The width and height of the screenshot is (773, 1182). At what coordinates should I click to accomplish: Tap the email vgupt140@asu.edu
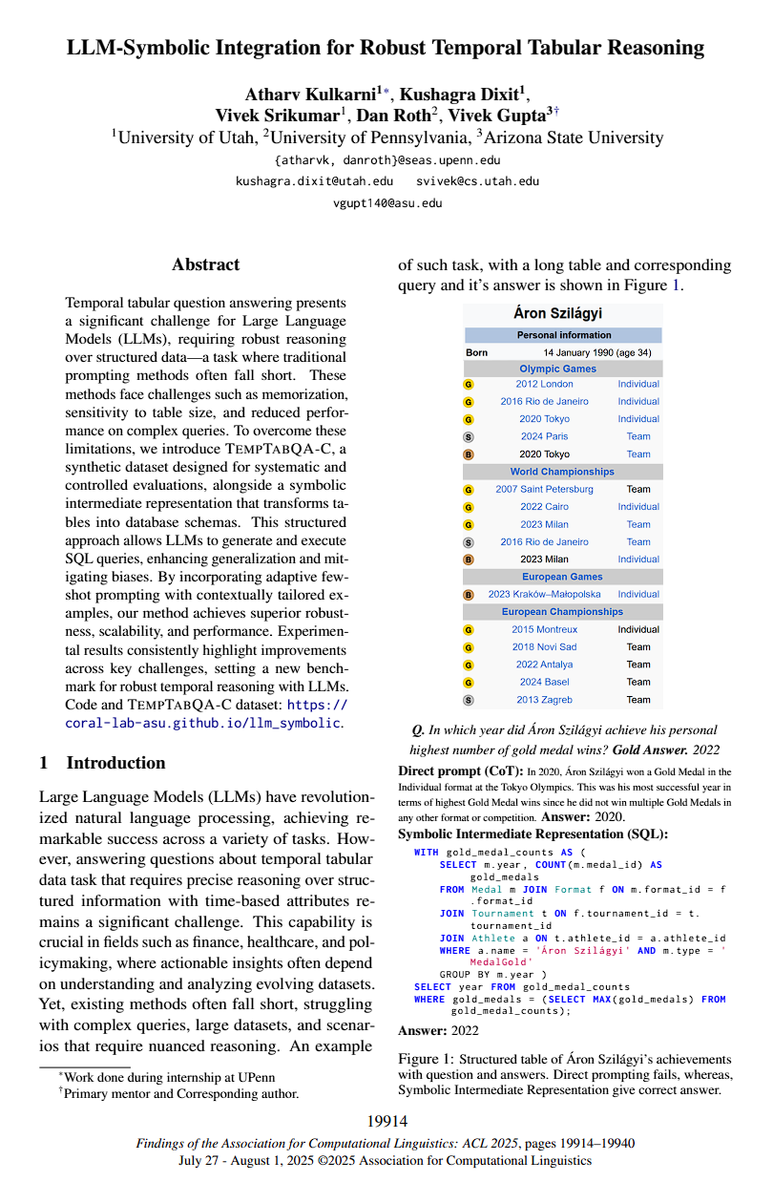[x=386, y=202]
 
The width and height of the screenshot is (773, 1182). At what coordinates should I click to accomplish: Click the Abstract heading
[x=206, y=264]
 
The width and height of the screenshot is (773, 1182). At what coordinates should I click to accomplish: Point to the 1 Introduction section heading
[x=102, y=762]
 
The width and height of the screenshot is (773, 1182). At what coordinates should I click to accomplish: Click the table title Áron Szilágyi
[x=563, y=313]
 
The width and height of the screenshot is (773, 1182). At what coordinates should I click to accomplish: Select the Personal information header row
[x=563, y=335]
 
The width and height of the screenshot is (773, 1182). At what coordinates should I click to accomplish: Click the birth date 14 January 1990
[x=580, y=352]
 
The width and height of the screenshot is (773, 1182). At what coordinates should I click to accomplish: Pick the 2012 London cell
[x=544, y=384]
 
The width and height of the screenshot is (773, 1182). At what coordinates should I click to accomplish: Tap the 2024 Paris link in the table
[x=544, y=436]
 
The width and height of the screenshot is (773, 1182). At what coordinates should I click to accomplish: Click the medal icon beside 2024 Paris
[x=469, y=436]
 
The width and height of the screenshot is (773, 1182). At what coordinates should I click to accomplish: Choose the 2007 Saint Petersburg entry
[x=544, y=489]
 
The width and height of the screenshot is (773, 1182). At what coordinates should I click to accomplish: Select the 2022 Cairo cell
[x=544, y=507]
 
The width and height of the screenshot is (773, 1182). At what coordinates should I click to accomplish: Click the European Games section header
[x=563, y=577]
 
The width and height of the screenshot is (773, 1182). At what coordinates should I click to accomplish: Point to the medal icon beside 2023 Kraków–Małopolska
[x=469, y=594]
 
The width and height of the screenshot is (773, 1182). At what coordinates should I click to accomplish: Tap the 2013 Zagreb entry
[x=544, y=700]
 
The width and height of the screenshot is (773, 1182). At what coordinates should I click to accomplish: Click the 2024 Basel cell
[x=544, y=682]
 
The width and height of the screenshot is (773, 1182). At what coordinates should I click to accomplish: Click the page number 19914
[x=386, y=1121]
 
